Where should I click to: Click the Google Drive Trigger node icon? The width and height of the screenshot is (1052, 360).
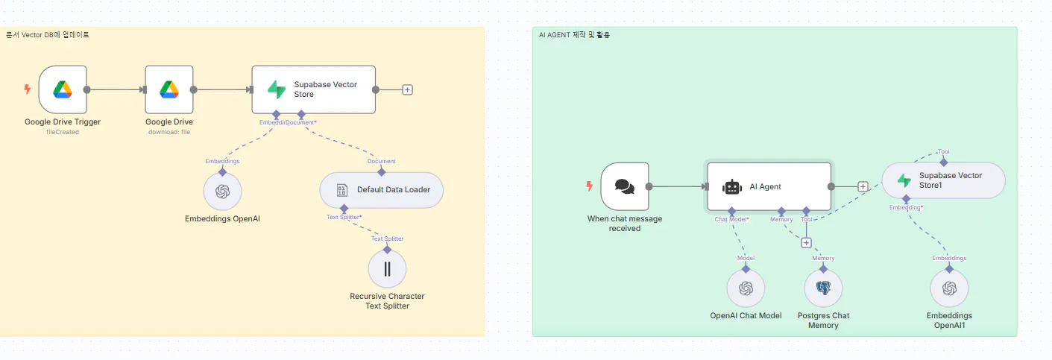tap(63, 89)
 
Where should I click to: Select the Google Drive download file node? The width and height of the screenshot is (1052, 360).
tap(169, 89)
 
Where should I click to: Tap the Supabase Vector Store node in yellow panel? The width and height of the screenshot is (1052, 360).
tap(313, 89)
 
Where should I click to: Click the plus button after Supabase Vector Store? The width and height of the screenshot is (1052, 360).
tap(407, 89)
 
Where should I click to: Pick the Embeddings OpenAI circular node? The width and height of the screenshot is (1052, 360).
tap(222, 192)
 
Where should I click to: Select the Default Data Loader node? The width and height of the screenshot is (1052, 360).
tap(381, 190)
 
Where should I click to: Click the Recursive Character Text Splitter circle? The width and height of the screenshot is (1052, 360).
tap(387, 269)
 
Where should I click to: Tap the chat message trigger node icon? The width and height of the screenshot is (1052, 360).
tap(625, 186)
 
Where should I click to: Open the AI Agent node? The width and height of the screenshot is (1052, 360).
tap(769, 186)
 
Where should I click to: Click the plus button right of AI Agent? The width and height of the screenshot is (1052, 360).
tap(863, 187)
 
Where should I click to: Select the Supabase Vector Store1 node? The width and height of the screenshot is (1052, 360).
tap(943, 180)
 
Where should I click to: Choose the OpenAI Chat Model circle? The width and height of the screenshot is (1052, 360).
tap(746, 288)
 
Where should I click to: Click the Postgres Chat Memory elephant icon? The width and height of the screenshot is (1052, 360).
tap(823, 288)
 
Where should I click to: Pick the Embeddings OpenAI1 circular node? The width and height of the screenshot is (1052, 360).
tap(949, 288)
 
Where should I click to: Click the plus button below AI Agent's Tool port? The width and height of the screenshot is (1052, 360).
tap(806, 242)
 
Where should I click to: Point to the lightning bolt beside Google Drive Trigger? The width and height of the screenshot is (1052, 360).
tap(28, 89)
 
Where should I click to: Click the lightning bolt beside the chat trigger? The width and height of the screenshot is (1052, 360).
tap(590, 186)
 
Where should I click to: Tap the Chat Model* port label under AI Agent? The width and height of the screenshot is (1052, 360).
tap(731, 219)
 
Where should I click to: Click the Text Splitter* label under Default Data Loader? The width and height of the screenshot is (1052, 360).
tap(344, 217)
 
